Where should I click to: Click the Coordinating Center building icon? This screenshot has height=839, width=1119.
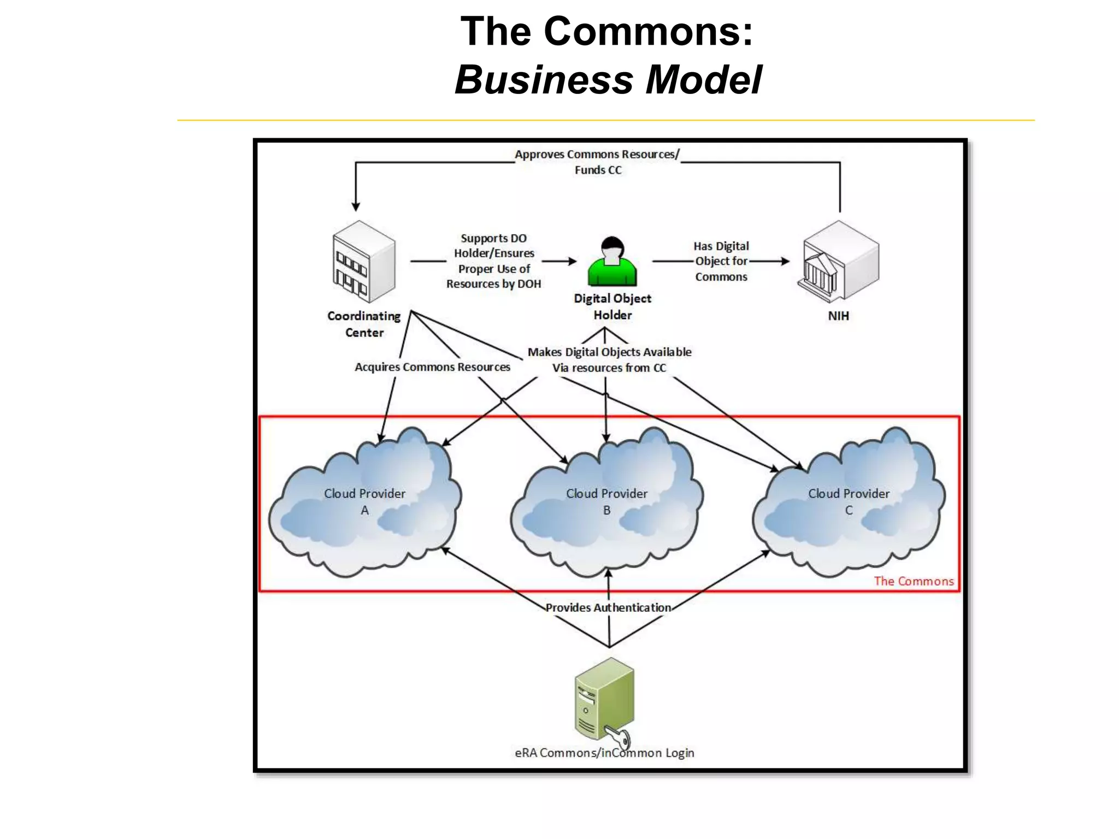click(x=363, y=262)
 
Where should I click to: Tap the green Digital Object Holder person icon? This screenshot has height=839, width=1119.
click(x=612, y=263)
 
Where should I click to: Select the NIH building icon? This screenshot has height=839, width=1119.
click(x=838, y=262)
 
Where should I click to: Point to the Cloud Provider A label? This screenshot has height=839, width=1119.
click(x=364, y=501)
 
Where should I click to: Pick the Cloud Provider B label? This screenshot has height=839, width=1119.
click(x=606, y=501)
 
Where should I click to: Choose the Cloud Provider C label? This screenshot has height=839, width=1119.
click(x=849, y=501)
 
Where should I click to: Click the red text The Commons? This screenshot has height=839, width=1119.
click(x=914, y=581)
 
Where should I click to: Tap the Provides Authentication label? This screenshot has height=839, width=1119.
click(x=608, y=607)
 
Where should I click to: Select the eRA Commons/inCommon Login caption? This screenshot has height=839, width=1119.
click(x=604, y=753)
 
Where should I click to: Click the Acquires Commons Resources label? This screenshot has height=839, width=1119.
click(x=432, y=367)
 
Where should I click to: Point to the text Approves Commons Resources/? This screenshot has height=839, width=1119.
click(x=597, y=155)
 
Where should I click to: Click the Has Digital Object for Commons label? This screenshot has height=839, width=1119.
click(x=721, y=261)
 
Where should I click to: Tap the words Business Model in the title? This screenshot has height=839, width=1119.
click(x=608, y=80)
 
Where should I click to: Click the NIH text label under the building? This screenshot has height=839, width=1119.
click(x=838, y=316)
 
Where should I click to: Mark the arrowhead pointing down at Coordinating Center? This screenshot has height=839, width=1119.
click(x=356, y=206)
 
